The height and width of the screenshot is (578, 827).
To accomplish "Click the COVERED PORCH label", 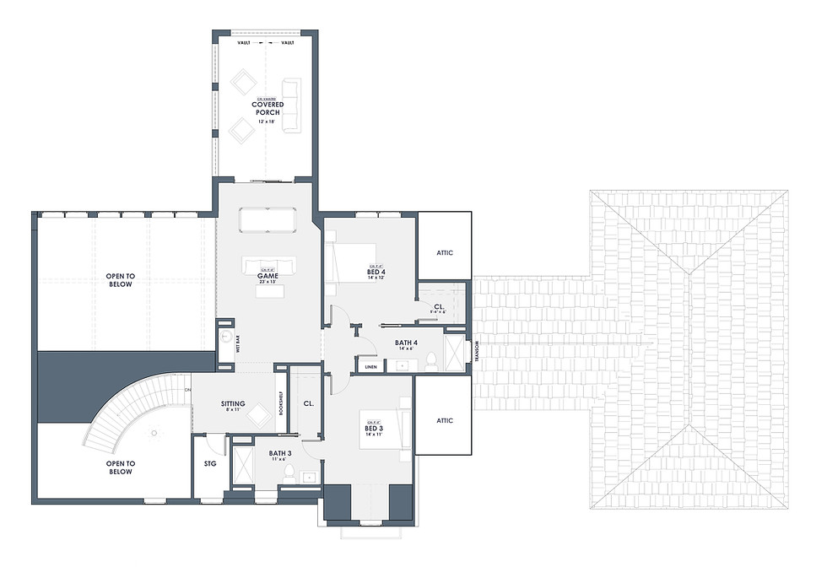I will pos(267,109).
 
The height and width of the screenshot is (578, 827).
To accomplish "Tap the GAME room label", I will pos(267,274).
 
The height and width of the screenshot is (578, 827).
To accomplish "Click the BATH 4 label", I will pos(406,343).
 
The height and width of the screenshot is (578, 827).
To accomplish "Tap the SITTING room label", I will pos(233,404).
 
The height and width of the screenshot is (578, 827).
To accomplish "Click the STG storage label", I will pos(210,463).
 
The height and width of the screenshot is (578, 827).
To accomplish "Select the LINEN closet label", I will pos(370,367).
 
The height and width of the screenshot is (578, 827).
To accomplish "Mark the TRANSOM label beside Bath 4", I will pos(477,349).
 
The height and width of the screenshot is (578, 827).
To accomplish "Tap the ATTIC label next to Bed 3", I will pos(445,420).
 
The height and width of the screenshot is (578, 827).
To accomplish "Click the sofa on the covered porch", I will pos(291,105).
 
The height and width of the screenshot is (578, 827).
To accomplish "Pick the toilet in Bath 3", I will pos(289,472).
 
